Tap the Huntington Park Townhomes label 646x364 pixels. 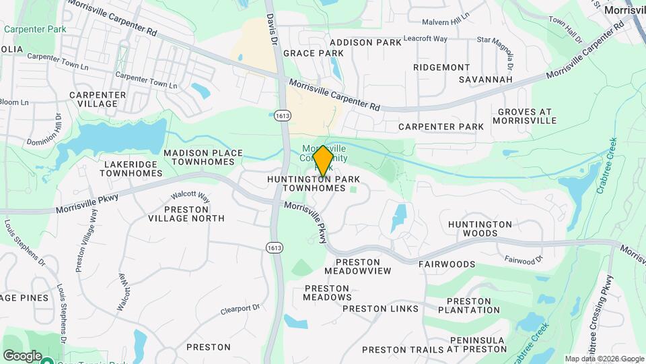[x=314, y=183]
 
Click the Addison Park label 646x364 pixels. [x=365, y=42]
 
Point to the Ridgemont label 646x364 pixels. [x=441, y=67]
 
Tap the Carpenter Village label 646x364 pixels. [x=98, y=100]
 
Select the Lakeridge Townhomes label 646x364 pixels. [x=131, y=169]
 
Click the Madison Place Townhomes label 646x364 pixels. [x=203, y=158]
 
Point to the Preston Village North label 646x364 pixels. [x=185, y=214]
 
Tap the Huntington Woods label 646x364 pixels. [x=480, y=229]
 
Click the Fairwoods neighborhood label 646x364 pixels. [x=447, y=265]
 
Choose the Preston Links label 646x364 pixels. [x=380, y=309]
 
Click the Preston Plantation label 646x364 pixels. [x=468, y=305]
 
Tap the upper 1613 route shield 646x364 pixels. [x=282, y=116]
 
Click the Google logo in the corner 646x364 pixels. [x=22, y=356]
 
